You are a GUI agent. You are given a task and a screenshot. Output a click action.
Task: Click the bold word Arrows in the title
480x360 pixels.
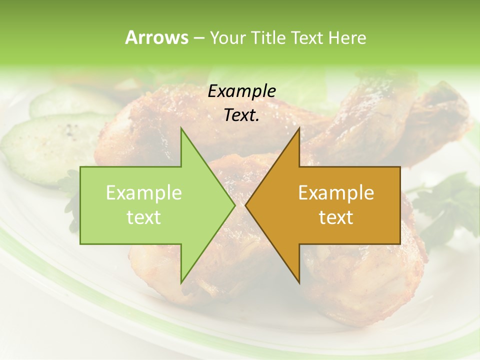(x=156, y=37)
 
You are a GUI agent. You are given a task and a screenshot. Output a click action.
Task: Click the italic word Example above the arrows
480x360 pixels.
(x=241, y=91)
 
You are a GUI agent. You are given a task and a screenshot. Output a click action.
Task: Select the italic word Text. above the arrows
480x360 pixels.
(x=241, y=115)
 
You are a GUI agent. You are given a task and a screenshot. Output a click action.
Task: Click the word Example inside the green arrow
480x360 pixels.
(x=143, y=193)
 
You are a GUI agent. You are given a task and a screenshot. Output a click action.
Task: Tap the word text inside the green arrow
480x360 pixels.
(x=143, y=217)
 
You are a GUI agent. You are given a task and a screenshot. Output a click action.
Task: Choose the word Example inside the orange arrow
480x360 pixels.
(x=336, y=193)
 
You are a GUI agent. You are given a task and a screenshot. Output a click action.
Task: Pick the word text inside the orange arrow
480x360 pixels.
(x=336, y=217)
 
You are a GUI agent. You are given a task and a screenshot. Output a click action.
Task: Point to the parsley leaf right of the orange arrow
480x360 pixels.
(x=440, y=205)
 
